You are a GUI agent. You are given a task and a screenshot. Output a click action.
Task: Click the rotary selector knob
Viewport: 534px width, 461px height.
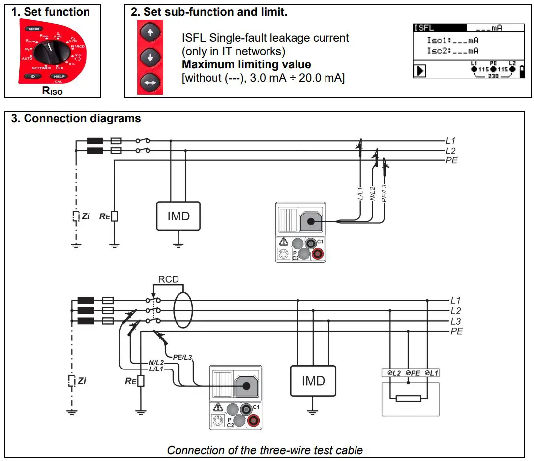(x=50, y=51)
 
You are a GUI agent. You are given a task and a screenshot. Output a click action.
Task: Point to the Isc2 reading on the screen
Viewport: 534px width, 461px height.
(x=452, y=51)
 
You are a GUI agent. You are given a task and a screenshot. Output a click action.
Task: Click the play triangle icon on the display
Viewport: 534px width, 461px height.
(x=419, y=71)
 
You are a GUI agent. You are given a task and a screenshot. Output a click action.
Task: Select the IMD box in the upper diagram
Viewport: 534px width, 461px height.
(x=178, y=216)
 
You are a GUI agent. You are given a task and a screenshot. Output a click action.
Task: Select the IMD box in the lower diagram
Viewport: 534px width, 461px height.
(x=313, y=381)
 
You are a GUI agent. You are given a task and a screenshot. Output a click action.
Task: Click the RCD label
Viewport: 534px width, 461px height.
(x=168, y=280)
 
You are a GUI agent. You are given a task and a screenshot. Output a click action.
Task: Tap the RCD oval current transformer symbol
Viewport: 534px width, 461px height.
(x=183, y=310)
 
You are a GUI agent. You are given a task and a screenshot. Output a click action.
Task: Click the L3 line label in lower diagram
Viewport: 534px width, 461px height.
(x=456, y=321)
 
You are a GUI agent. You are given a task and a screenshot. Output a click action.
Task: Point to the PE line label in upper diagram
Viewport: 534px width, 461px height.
(x=451, y=160)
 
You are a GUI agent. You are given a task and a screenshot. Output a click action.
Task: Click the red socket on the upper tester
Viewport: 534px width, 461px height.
(x=318, y=253)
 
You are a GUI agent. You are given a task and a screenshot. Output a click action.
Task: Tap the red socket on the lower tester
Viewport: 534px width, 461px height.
(x=254, y=420)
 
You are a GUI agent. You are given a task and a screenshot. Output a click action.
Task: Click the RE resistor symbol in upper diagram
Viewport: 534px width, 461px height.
(x=115, y=216)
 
